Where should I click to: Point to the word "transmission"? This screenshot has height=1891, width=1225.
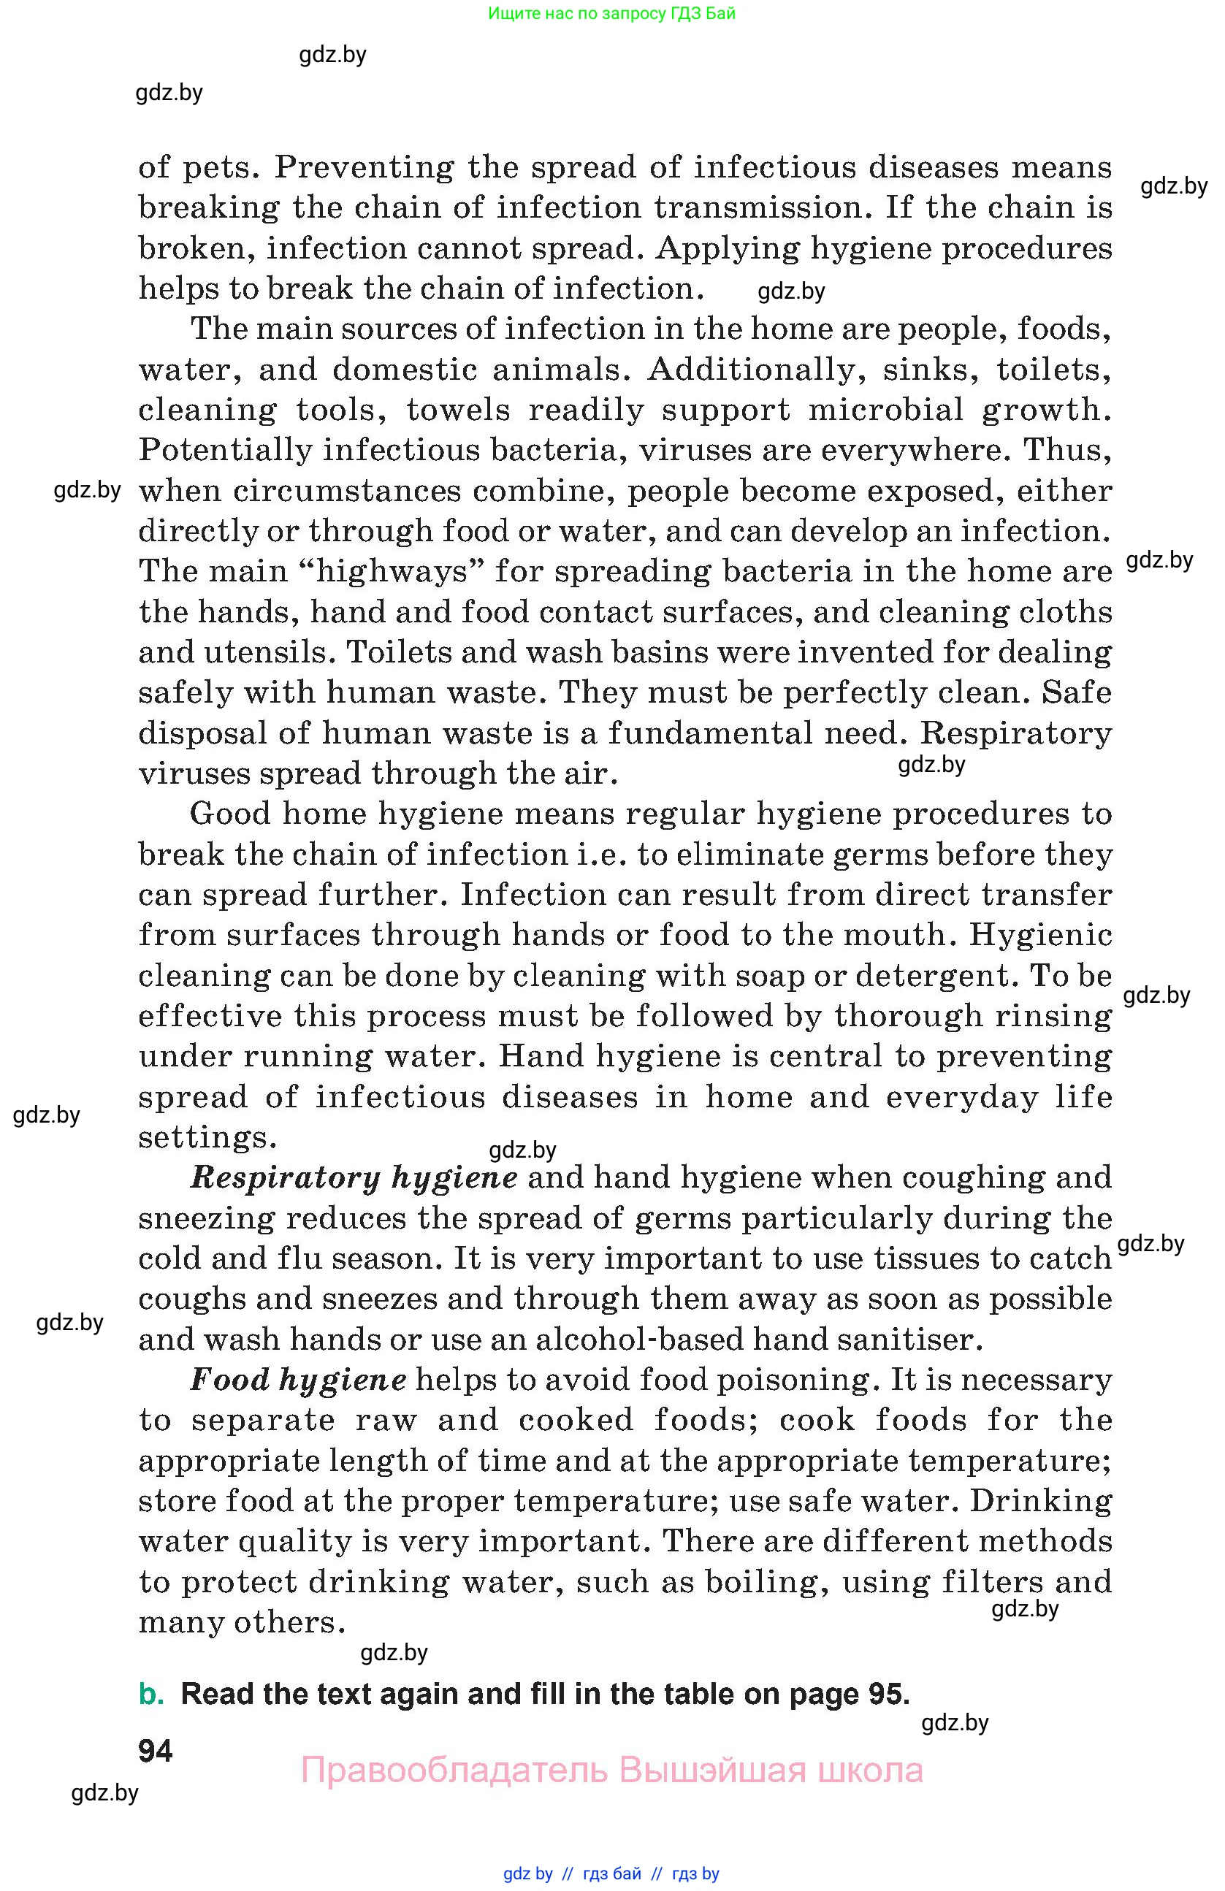[759, 208]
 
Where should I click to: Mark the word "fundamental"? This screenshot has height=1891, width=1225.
[709, 733]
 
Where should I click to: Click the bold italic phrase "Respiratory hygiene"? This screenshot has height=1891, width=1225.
[354, 1178]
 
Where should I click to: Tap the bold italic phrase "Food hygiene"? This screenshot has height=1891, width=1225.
[299, 1380]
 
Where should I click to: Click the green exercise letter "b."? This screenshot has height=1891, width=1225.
[151, 1695]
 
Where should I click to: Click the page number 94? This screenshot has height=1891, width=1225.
[155, 1751]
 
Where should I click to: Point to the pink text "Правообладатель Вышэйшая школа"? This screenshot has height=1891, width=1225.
[611, 1771]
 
